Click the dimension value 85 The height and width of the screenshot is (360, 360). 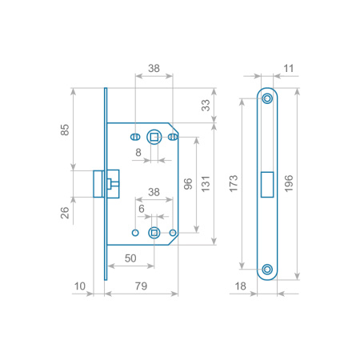point(65,130)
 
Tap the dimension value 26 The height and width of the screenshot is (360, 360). point(65,213)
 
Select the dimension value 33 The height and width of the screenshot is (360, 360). point(206,106)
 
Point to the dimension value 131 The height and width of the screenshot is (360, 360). point(206,184)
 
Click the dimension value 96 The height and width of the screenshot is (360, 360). point(188,184)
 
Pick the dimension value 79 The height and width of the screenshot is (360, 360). point(141,286)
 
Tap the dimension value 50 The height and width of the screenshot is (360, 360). point(130,258)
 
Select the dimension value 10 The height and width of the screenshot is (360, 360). point(79,286)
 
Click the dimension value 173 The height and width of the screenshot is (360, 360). point(234,183)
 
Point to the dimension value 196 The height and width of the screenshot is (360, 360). point(289,183)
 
